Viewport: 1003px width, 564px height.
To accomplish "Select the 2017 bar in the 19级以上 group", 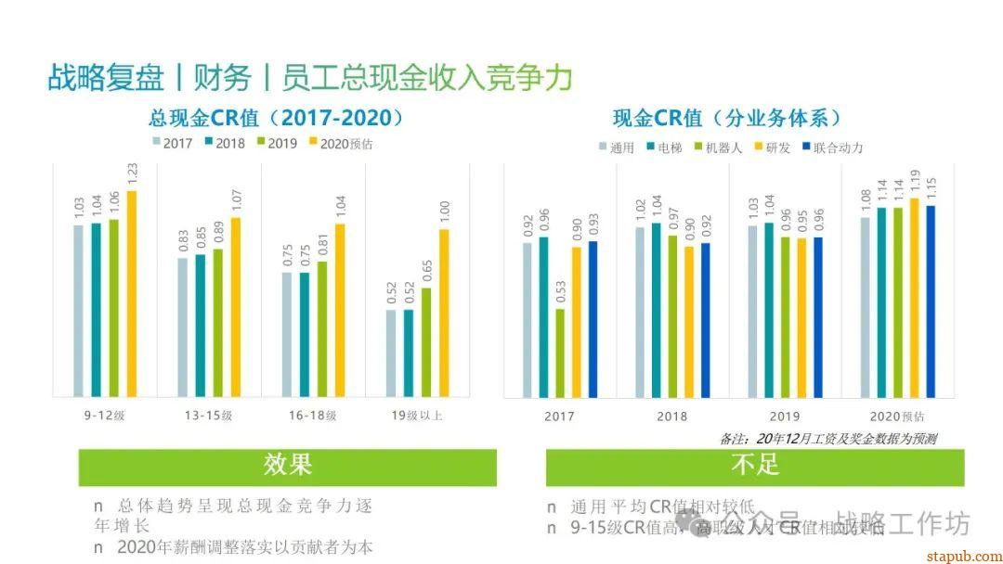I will [392, 352].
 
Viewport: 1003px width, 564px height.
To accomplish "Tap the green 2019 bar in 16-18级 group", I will [322, 328].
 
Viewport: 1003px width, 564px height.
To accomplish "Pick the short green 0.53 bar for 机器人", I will [560, 352].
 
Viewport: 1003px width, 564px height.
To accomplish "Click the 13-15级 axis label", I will [208, 416].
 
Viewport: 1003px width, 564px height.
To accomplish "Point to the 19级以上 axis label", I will [416, 416].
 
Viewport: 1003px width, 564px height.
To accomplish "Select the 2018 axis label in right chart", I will [672, 417].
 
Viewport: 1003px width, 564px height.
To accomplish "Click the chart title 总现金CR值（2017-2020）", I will [278, 118].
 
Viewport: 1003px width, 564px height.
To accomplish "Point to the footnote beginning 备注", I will [827, 439].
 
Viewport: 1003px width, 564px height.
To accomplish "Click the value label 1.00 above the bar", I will [445, 211].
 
